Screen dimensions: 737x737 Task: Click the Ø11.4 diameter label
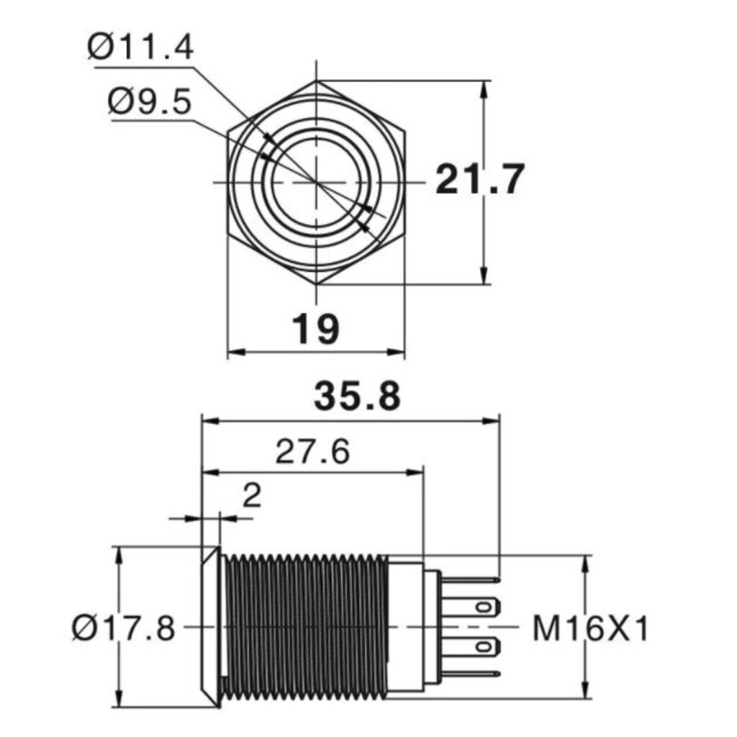point(140,48)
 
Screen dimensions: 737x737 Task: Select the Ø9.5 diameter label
point(150,102)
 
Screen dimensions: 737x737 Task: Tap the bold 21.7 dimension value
point(479,179)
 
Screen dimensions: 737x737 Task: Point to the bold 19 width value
point(315,329)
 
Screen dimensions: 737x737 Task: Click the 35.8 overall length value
point(357,396)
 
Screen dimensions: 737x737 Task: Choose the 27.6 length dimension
point(312,452)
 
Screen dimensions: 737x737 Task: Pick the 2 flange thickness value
point(252,495)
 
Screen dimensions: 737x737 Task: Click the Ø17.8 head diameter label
point(124,628)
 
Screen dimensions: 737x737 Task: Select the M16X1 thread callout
point(590,629)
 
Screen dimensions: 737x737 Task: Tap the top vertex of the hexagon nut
point(317,81)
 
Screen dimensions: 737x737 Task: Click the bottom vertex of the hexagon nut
point(317,284)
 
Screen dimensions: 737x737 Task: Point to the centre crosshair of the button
point(317,181)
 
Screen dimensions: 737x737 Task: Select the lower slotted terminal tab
point(471,647)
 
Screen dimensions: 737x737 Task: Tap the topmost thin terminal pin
point(471,580)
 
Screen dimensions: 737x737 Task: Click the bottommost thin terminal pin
point(471,674)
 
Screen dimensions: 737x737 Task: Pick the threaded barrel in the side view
point(305,627)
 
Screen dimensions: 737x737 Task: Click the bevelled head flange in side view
point(211,627)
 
